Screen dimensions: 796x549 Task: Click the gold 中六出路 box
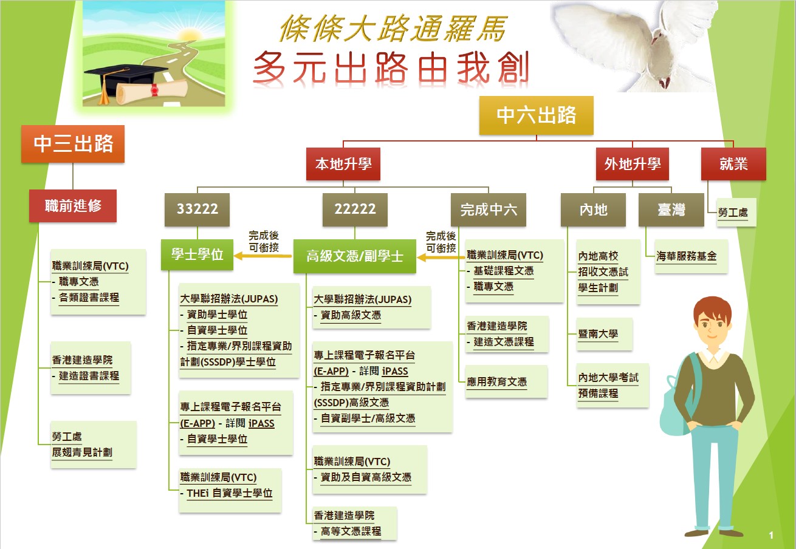point(536,115)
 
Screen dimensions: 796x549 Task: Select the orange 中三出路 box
point(73,144)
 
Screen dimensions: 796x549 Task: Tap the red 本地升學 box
point(343,164)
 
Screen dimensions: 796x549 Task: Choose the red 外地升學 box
point(632,164)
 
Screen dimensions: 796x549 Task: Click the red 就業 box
point(733,164)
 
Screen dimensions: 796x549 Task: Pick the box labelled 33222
point(197,210)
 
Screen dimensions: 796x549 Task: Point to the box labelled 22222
point(355,210)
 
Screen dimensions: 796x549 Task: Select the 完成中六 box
point(489,210)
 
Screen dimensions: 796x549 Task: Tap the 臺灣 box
point(671,210)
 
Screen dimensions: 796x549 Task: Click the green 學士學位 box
point(197,254)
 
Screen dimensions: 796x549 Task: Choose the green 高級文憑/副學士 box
point(355,256)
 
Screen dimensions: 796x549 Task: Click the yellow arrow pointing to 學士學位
point(263,256)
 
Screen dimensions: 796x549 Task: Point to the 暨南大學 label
point(598,334)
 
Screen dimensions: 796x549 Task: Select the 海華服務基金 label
point(686,256)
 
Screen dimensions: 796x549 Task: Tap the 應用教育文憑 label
point(497,382)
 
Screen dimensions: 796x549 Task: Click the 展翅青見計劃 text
point(82,452)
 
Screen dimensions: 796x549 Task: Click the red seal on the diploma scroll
point(154,90)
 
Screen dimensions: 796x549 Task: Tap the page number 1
point(770,535)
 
